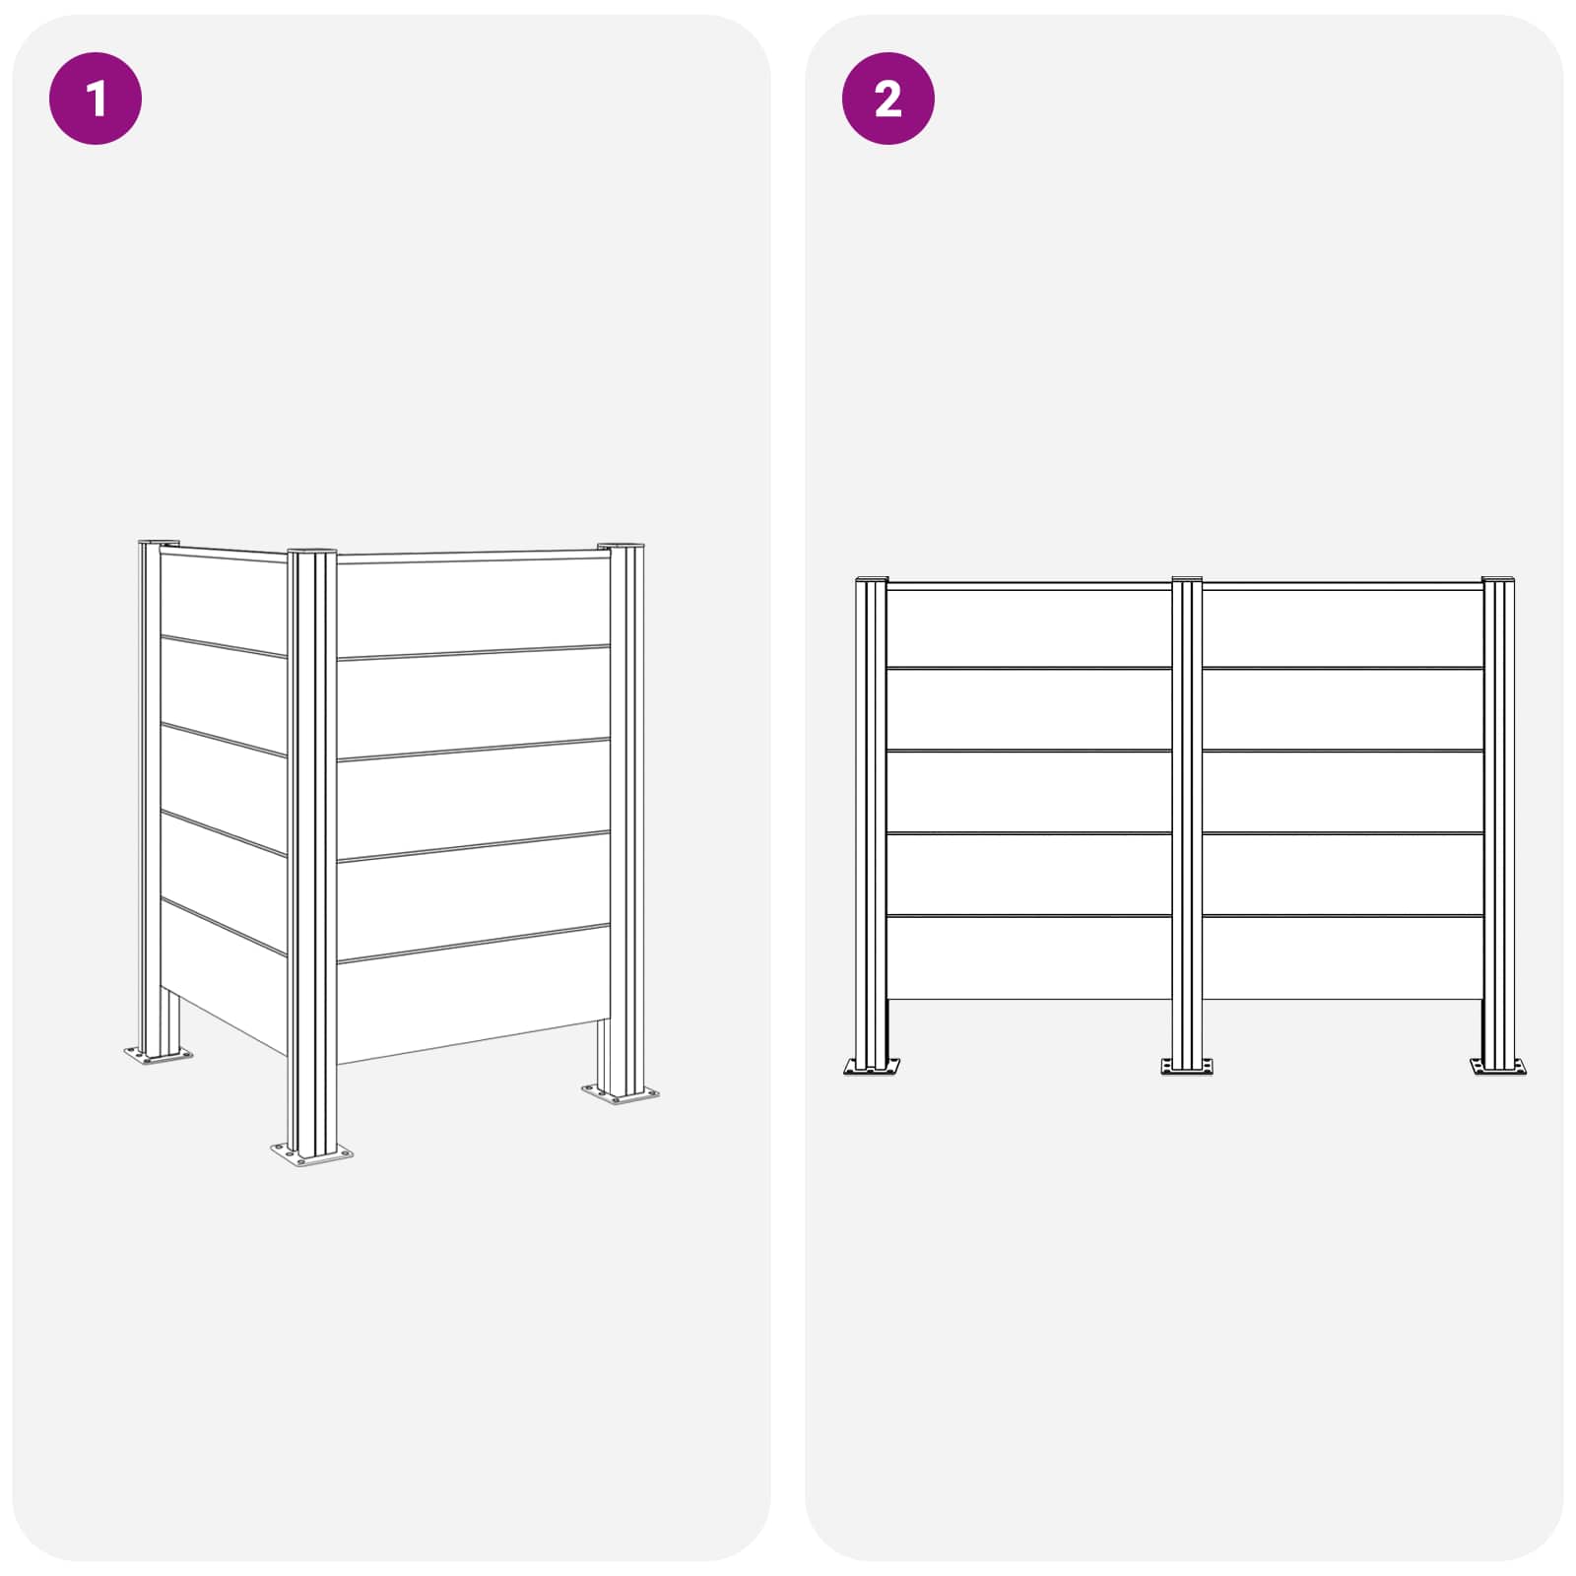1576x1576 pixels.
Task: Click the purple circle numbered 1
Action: [96, 98]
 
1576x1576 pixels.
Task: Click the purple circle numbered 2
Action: [887, 98]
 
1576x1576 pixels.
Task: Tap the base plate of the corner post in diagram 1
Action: [312, 1153]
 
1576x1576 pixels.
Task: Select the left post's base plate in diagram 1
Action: [158, 1056]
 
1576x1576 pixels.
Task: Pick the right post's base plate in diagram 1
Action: [620, 1093]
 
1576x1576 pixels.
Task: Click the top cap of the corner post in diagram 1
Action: [311, 552]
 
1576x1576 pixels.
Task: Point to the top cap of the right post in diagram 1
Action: [621, 546]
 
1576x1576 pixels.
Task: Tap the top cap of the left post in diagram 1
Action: [158, 543]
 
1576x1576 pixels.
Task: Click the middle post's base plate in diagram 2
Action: [1187, 1066]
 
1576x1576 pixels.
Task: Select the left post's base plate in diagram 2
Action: [872, 1066]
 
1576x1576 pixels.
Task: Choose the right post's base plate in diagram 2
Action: [1498, 1066]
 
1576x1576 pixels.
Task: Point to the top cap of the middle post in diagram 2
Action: [1187, 579]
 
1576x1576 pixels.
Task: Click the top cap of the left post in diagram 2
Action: [872, 579]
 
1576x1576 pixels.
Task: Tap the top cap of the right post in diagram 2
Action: [1498, 579]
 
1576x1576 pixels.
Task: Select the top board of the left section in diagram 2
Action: [1029, 628]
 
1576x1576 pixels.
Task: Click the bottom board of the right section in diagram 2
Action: [1343, 957]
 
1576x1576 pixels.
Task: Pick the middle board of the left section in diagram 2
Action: [1029, 792]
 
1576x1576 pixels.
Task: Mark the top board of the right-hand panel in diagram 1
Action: [474, 606]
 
